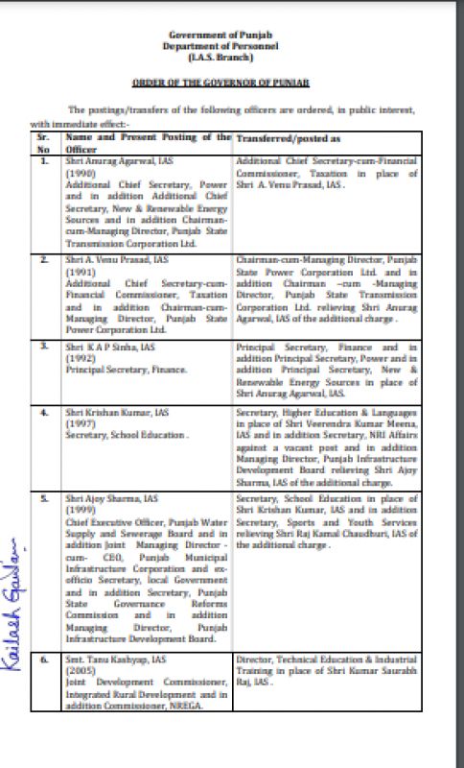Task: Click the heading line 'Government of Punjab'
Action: (x=232, y=36)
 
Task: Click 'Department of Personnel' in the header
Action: (x=232, y=45)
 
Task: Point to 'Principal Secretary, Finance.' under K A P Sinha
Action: (x=112, y=366)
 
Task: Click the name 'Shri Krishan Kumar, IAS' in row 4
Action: (x=105, y=412)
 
